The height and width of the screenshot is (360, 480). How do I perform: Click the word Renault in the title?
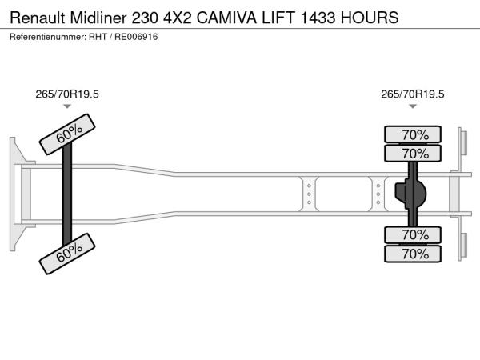pos(38,18)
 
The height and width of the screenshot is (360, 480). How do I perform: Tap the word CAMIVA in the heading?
pos(226,18)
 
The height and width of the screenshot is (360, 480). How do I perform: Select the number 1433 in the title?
pos(318,18)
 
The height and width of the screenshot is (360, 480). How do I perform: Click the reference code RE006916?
pos(136,37)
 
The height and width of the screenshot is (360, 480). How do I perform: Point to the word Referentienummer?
pos(48,37)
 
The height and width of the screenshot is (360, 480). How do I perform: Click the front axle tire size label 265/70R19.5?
pos(67,94)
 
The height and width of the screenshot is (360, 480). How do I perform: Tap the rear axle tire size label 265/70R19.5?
pos(412,94)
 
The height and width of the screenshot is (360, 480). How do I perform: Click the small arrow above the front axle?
pos(67,106)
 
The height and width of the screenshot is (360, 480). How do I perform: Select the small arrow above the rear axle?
pos(413,106)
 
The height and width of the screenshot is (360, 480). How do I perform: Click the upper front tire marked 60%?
pos(67,134)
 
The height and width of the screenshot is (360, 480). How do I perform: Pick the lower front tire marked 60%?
pos(67,254)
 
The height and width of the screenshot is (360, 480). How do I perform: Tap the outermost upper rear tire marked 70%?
pos(413,134)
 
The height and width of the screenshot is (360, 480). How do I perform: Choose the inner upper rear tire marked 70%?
pos(413,153)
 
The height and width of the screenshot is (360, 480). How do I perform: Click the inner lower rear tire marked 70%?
pos(413,234)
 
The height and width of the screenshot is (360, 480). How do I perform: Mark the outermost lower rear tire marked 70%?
pos(413,254)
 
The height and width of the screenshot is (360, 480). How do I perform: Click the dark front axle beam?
pos(67,194)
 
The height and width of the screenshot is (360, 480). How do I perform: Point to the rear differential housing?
pos(410,194)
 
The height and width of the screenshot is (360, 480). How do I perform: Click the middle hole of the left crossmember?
pos(309,194)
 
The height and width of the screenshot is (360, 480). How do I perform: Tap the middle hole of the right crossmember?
pos(378,194)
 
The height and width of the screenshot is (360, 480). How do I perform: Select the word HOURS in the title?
pos(370,18)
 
